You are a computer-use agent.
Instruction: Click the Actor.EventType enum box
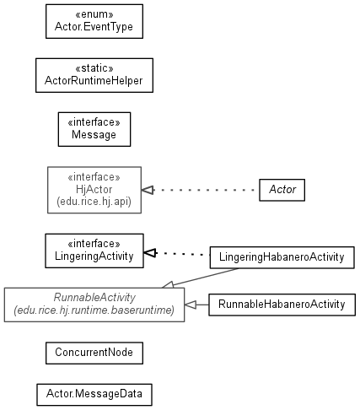[x=94, y=21]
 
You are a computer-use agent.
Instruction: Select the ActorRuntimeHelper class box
[x=94, y=75]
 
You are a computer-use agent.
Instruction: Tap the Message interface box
[x=94, y=129]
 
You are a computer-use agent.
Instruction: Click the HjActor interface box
[x=94, y=190]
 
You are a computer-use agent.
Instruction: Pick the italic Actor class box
[x=282, y=190]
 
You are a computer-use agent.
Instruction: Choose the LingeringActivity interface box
[x=94, y=251]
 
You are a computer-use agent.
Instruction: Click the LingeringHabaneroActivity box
[x=282, y=257]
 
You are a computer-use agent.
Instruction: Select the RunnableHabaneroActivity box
[x=282, y=305]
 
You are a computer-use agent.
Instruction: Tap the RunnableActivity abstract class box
[x=94, y=305]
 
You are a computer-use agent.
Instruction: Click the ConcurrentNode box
[x=94, y=353]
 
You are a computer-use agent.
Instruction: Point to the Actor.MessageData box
[x=94, y=395]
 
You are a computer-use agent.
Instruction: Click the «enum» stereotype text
[x=94, y=14]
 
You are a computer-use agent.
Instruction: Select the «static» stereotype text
[x=94, y=68]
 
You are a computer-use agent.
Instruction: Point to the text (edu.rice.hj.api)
[x=94, y=202]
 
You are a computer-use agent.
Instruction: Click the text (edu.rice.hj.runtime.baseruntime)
[x=94, y=310]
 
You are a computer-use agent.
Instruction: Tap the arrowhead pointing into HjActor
[x=148, y=191]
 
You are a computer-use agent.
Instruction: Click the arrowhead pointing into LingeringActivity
[x=150, y=253]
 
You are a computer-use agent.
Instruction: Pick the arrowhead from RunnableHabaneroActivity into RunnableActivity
[x=191, y=305]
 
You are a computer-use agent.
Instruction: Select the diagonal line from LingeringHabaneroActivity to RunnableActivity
[x=206, y=277]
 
